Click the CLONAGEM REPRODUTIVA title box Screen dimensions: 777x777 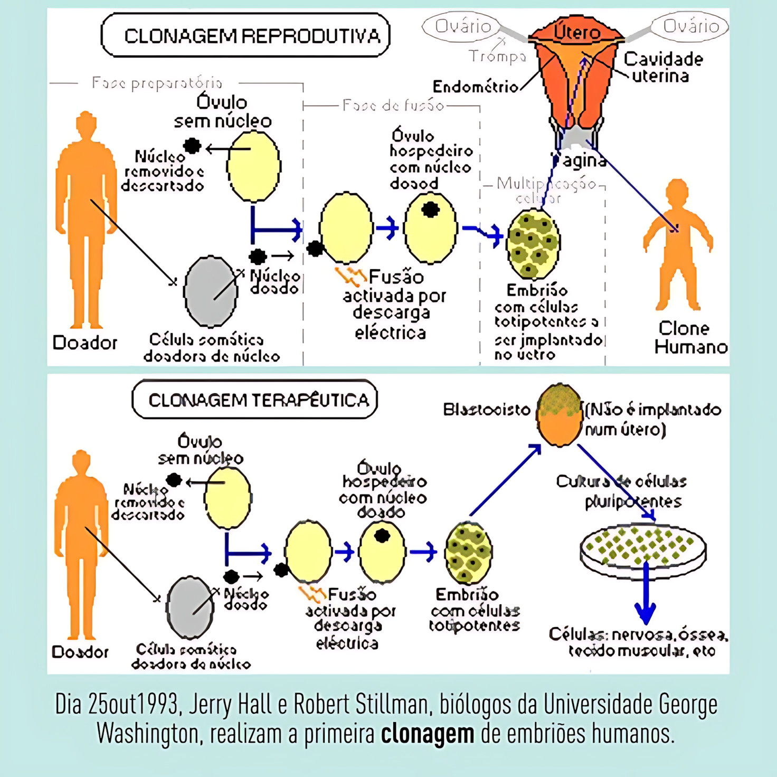(245, 35)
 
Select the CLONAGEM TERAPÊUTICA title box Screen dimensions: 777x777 (255, 400)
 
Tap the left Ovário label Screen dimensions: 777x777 (462, 26)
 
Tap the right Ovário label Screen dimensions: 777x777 (690, 26)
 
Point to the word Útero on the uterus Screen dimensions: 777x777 (577, 33)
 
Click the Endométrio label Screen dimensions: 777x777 (475, 87)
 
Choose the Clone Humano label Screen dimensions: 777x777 (689, 337)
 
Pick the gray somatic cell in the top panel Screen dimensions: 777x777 (211, 291)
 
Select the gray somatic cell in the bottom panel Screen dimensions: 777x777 (190, 608)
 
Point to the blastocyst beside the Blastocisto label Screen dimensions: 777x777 (560, 415)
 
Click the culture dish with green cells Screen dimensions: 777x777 (643, 551)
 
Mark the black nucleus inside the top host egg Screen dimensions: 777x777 (431, 210)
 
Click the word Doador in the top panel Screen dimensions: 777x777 (84, 343)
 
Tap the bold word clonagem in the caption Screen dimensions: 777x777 (428, 734)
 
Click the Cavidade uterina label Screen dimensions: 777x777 (662, 67)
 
